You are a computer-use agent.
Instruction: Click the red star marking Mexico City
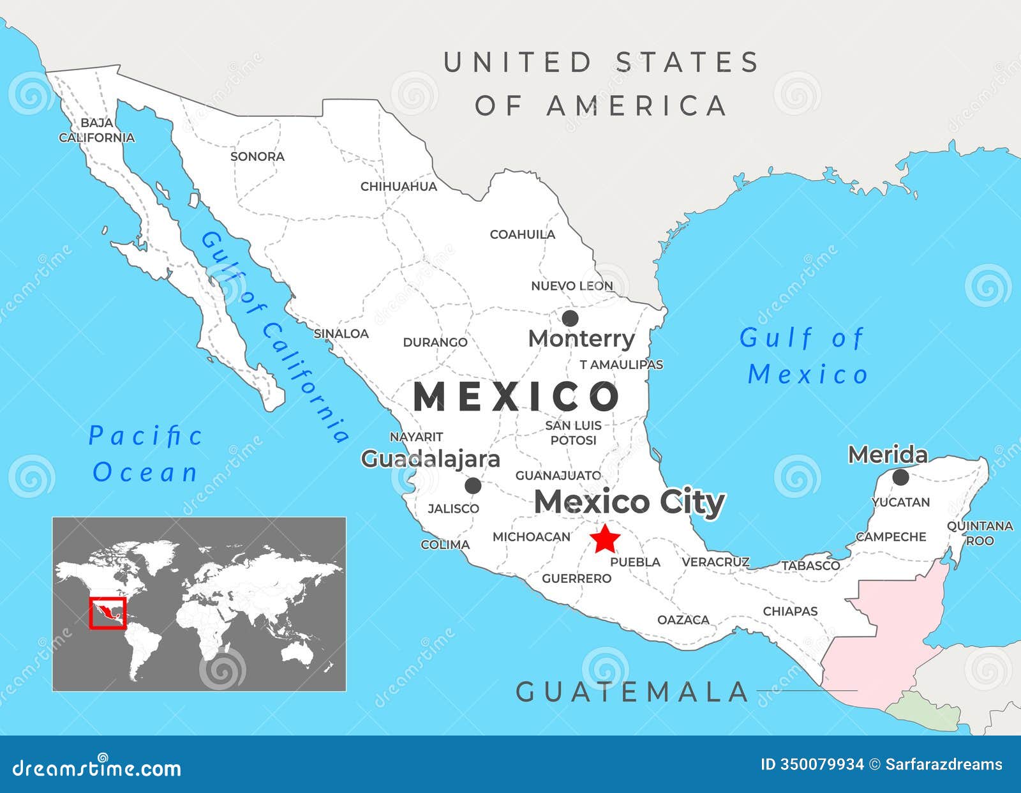coord(604,540)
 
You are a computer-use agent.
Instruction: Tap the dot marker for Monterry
coord(570,318)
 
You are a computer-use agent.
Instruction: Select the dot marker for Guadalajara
coord(473,486)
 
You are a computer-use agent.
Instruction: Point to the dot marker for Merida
coord(900,477)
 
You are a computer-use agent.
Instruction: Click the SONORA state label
coord(257,156)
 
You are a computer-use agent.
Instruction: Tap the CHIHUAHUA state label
coord(399,186)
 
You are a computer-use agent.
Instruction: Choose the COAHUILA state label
coord(523,234)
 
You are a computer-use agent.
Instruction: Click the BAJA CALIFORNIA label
coord(97,130)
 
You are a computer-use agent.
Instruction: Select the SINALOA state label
coord(341,333)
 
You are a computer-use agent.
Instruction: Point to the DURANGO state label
coord(435,342)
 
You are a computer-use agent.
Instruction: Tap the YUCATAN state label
coord(900,502)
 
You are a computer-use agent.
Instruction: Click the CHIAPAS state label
coord(790,611)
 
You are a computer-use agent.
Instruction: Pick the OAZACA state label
coord(683,619)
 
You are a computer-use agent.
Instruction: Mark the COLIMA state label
coord(445,545)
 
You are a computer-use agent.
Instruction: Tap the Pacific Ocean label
coord(145,454)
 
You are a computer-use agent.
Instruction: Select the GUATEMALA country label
coord(632,692)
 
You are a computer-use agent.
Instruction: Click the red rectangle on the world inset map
coord(107,613)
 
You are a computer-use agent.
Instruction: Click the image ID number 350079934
coord(821,764)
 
